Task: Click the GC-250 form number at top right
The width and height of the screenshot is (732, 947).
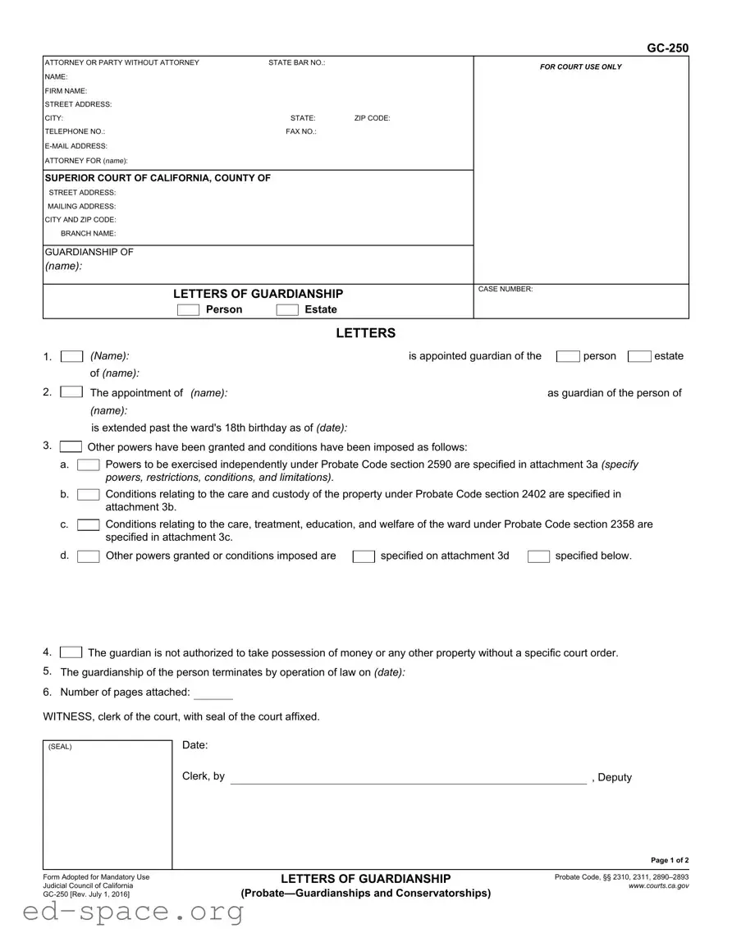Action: click(667, 48)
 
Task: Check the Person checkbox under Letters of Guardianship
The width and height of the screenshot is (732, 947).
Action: click(188, 309)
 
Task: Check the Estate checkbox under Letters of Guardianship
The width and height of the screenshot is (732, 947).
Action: click(287, 309)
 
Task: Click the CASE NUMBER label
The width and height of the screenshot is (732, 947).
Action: click(506, 289)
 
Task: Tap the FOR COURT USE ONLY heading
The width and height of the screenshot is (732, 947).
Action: click(581, 67)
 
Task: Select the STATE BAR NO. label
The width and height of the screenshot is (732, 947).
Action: click(297, 63)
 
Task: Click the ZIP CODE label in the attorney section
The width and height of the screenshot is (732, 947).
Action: click(373, 118)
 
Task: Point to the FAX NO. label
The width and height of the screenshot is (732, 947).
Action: click(301, 131)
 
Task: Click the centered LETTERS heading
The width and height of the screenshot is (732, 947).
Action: click(365, 333)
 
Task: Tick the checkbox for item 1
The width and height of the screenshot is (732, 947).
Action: click(72, 356)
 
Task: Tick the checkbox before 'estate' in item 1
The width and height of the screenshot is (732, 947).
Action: click(639, 356)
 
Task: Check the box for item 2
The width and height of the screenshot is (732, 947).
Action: click(72, 392)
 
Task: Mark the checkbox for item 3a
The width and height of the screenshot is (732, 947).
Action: click(89, 465)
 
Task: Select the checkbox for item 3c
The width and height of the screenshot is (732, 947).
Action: click(89, 524)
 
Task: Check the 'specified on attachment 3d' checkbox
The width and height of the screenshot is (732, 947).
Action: click(364, 556)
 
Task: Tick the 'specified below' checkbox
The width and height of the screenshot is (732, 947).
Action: click(538, 556)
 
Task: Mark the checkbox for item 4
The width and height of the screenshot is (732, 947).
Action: click(71, 652)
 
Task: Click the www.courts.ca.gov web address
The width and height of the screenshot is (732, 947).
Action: click(658, 886)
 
